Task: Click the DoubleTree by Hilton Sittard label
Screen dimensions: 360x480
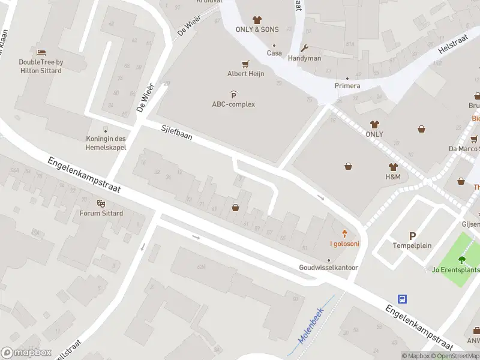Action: (40, 66)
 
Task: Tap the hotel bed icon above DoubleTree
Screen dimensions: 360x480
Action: (41, 53)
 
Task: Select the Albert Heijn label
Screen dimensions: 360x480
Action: (245, 74)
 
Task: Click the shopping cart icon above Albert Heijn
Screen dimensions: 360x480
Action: (245, 64)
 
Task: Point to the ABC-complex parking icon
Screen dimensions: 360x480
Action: (233, 94)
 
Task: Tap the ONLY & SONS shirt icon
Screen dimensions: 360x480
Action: (257, 20)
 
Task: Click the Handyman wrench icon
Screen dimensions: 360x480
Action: (305, 49)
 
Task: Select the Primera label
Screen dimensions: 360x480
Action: (347, 86)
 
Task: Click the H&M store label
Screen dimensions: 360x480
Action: (393, 177)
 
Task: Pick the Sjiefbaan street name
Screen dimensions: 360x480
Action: (176, 132)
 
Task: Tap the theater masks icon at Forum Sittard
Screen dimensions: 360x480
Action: (101, 204)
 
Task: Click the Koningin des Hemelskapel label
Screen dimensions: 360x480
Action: (106, 142)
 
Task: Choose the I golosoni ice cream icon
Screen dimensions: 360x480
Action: (344, 233)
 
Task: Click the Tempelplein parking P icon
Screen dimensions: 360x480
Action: (412, 236)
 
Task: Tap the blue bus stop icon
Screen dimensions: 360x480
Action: (403, 299)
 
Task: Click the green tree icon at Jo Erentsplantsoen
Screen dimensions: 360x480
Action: (461, 260)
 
